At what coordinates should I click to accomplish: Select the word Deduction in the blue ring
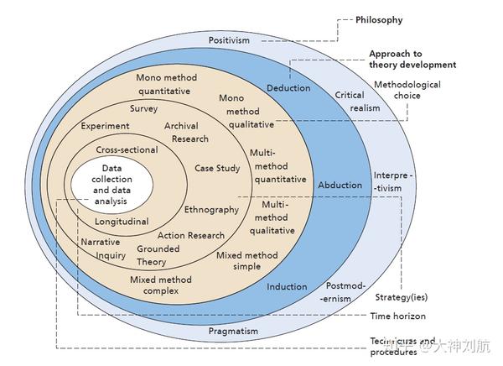[x=288, y=88]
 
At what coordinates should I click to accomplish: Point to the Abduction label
[x=340, y=185]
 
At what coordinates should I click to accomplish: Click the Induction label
[x=287, y=287]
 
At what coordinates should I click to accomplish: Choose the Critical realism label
[x=350, y=102]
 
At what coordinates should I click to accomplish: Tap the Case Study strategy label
[x=217, y=168]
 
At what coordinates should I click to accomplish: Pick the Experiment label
[x=106, y=126]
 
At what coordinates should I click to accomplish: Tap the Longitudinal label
[x=122, y=222]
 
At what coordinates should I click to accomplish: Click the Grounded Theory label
[x=158, y=255]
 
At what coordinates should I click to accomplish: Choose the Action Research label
[x=191, y=235]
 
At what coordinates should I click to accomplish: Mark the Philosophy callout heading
[x=379, y=20]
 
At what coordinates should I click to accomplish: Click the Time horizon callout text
[x=397, y=316]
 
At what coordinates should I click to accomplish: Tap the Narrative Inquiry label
[x=103, y=248]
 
